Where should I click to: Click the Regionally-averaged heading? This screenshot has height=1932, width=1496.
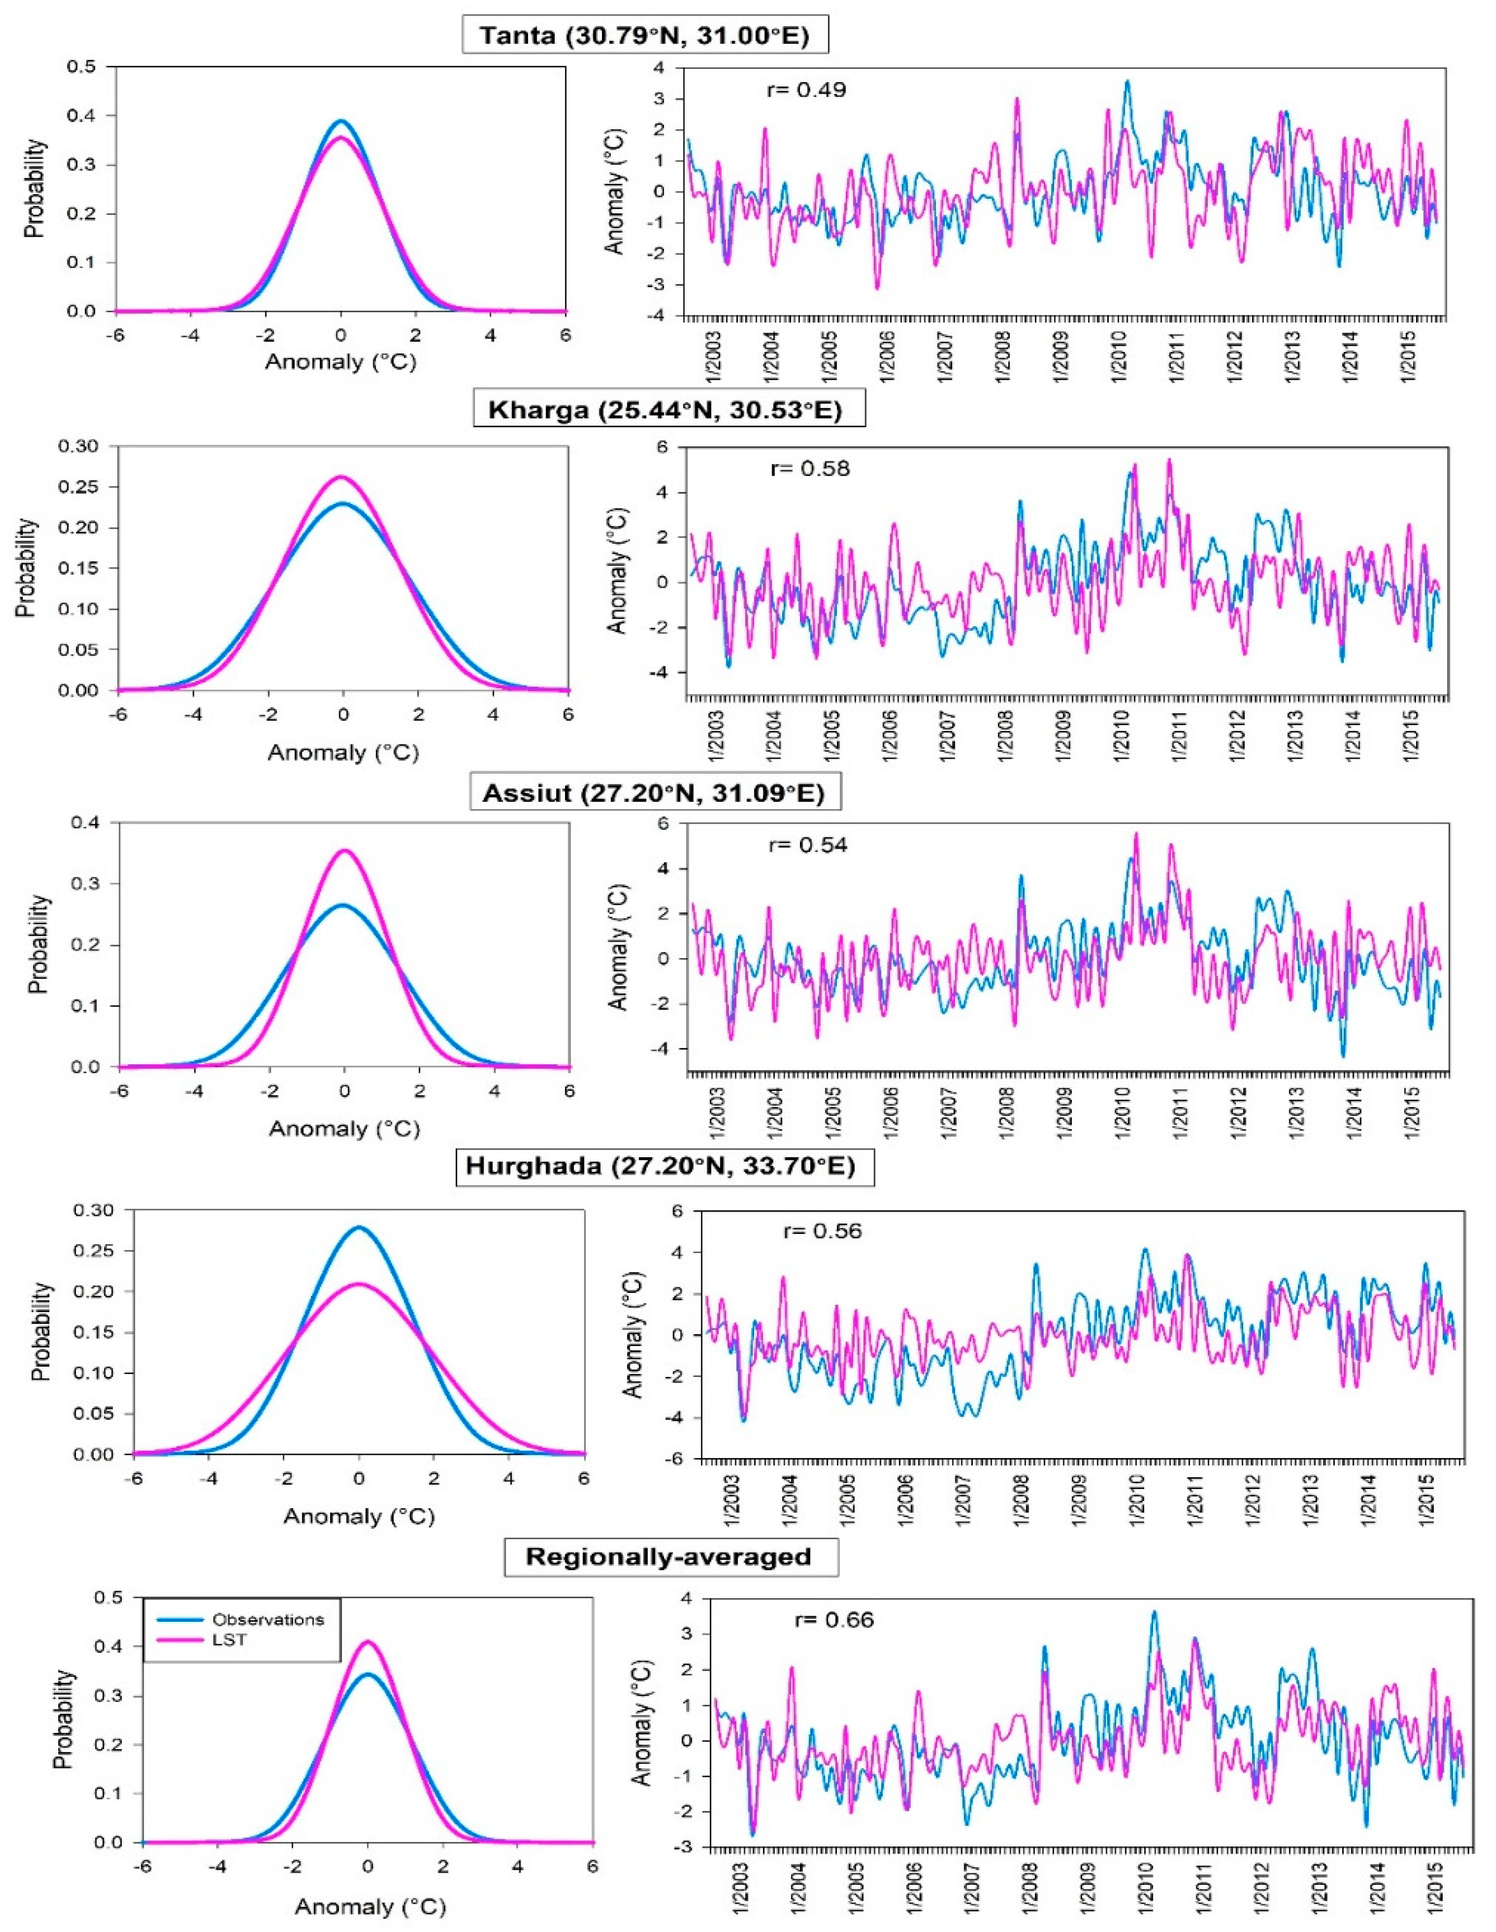(669, 1556)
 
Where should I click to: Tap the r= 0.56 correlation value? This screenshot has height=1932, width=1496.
(822, 1231)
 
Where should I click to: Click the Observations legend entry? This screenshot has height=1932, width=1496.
(267, 1620)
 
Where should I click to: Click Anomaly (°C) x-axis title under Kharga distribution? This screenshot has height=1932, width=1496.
(343, 753)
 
